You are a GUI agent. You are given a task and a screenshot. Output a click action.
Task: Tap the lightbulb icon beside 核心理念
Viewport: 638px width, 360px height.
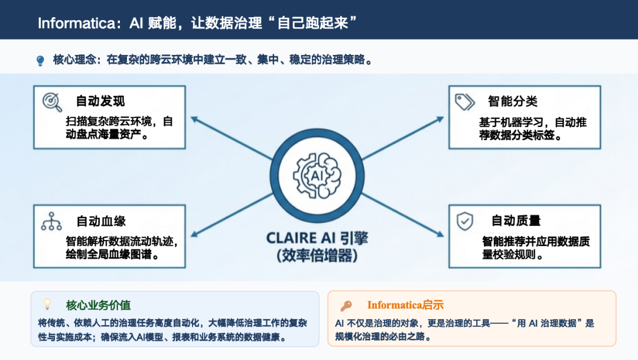[x=40, y=60]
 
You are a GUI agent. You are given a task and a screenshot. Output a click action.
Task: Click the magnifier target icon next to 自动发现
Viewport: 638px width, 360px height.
[x=52, y=102]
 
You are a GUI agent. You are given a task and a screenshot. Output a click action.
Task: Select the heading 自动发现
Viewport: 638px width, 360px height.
[x=100, y=101]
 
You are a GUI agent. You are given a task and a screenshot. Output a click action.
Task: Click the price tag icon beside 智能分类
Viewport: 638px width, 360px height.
[x=465, y=102]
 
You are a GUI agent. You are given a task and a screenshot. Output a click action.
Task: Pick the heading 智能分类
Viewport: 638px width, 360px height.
[x=512, y=101]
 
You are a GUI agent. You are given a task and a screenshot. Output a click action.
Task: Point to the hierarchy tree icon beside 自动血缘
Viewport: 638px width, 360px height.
[x=51, y=222]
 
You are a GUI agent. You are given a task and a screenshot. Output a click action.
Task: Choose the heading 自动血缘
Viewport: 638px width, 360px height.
[x=100, y=221]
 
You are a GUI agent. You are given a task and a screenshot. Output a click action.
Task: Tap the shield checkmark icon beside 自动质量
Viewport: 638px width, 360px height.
[x=465, y=221]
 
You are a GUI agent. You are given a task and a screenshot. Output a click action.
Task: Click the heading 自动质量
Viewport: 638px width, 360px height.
[x=516, y=220]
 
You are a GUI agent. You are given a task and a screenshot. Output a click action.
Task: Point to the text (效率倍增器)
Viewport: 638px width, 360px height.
[x=317, y=256]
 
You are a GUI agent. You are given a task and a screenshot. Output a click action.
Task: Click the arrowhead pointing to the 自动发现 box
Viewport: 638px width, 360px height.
[x=194, y=118]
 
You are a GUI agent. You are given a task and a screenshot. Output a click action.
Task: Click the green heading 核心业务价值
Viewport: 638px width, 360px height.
[x=98, y=306]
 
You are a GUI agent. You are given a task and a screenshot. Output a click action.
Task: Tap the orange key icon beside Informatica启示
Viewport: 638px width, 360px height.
[x=346, y=306]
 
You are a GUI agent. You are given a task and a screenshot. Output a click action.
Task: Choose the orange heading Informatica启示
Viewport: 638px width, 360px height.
[x=405, y=306]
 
